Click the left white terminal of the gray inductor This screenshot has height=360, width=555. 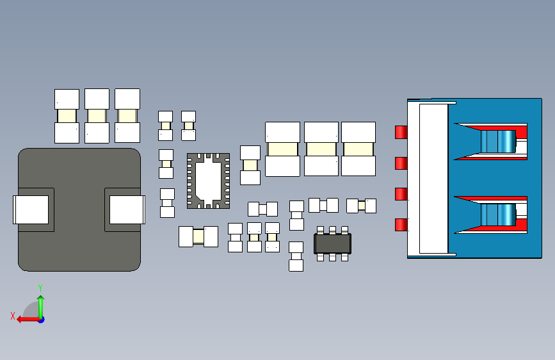pos(31,209)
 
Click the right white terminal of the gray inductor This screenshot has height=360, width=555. pos(127,209)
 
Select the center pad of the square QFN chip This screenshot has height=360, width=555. pos(208,181)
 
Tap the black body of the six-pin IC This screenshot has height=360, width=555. pos(332,243)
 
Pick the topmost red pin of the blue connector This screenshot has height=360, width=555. pos(401,132)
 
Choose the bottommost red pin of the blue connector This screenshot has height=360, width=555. pos(401,224)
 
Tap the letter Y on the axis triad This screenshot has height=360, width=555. pos(40,288)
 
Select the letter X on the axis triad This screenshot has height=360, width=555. pos(12,316)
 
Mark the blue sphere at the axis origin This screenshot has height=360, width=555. pos(41,319)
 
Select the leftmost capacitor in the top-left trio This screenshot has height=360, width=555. pos(67,116)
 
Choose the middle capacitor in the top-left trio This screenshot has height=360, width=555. pos(97,116)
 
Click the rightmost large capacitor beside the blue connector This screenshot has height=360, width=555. pos(358,149)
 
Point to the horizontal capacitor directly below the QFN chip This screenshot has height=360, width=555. pos(198,236)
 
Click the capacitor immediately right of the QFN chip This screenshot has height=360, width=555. pos(250,165)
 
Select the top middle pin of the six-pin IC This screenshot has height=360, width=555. pos(332,229)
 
